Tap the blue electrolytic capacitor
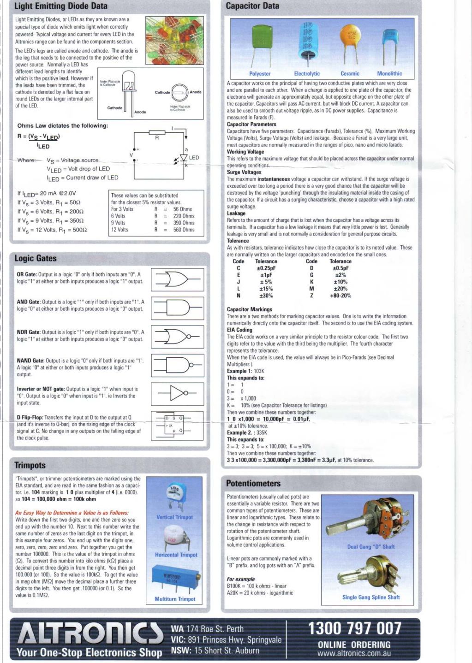point(307,41)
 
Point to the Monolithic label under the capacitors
point(389,74)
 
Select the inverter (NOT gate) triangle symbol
point(178,393)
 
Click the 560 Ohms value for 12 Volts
point(184,230)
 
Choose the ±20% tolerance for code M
point(341,289)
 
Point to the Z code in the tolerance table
point(311,296)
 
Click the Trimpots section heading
point(30,465)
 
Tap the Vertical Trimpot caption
point(174,517)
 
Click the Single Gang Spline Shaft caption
point(371,597)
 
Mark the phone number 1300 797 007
point(354,628)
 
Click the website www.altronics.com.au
point(354,653)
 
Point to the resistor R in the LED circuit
point(157,133)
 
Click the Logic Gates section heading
point(36,258)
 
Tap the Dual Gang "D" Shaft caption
point(371,547)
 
